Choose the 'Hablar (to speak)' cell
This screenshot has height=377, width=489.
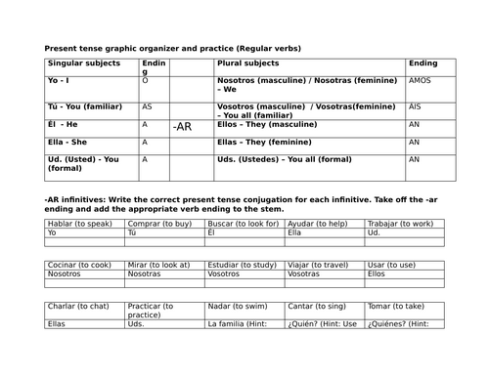tap(77, 223)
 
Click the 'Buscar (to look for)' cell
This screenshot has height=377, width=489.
tap(241, 223)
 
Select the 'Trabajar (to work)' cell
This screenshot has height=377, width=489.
tap(400, 223)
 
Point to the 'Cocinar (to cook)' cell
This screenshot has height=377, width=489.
tap(79, 264)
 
